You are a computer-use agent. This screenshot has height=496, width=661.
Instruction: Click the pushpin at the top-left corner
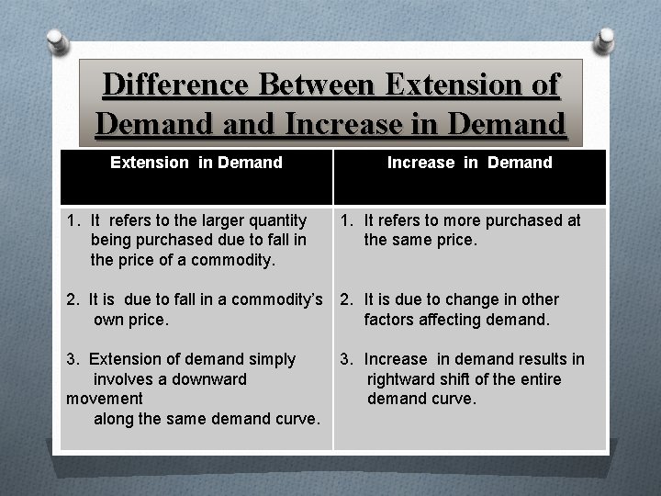pos(58,39)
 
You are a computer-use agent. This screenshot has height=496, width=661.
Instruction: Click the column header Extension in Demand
pos(196,163)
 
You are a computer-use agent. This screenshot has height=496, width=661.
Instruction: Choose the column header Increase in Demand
pos(470,163)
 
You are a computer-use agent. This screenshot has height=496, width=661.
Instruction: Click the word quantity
pos(277,220)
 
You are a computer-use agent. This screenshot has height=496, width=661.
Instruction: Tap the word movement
pos(105,399)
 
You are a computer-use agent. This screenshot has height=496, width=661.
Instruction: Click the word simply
pos(274,359)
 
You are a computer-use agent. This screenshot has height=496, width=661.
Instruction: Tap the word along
pos(114,419)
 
